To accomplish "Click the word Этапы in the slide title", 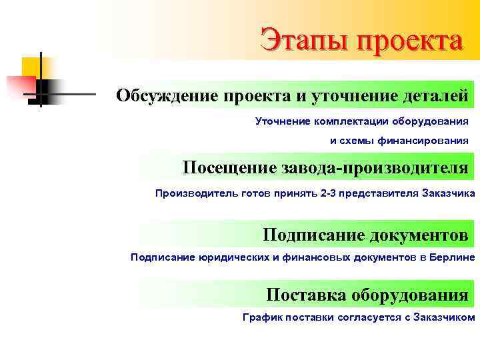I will point(303,39).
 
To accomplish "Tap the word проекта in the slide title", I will point(409,39).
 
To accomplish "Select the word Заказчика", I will point(449,194).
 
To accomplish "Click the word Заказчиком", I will point(444,317).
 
